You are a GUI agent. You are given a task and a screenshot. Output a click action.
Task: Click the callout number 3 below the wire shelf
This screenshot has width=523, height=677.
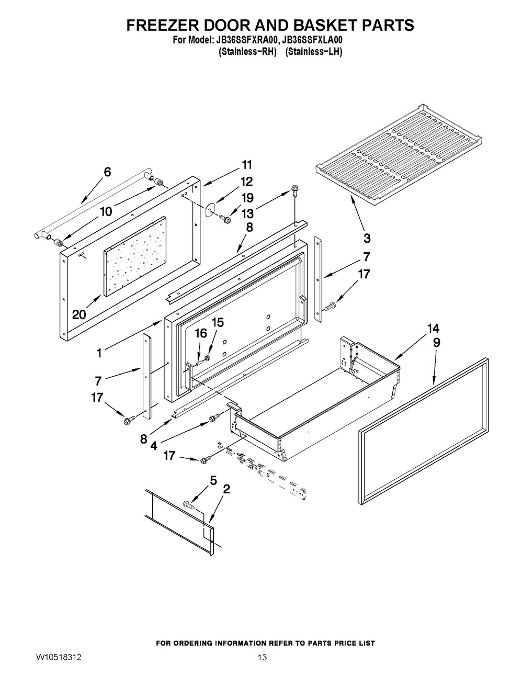pyautogui.click(x=367, y=239)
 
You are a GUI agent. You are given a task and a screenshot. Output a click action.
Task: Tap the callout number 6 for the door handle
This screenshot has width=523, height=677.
pyautogui.click(x=107, y=172)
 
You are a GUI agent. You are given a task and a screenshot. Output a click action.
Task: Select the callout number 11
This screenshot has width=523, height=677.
pyautogui.click(x=247, y=164)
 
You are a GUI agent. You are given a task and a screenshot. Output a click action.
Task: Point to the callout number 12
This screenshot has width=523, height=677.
pyautogui.click(x=247, y=182)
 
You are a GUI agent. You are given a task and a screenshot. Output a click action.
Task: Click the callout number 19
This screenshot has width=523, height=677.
pyautogui.click(x=247, y=198)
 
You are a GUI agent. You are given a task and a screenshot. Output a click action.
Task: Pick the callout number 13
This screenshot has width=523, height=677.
pyautogui.click(x=247, y=214)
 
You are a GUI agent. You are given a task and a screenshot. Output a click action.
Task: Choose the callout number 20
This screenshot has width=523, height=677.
pyautogui.click(x=79, y=314)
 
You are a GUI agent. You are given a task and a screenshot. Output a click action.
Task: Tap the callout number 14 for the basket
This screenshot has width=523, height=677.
pyautogui.click(x=433, y=328)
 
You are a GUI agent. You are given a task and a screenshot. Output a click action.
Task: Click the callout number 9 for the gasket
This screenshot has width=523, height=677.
pyautogui.click(x=437, y=343)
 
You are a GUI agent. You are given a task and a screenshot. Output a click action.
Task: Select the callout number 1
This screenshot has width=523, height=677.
pyautogui.click(x=99, y=353)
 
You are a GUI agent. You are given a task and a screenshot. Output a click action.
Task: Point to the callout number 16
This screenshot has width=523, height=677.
pyautogui.click(x=201, y=333)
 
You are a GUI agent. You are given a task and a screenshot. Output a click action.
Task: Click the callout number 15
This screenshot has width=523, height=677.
pyautogui.click(x=218, y=322)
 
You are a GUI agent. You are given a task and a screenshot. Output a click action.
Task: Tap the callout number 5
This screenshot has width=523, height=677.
pyautogui.click(x=213, y=481)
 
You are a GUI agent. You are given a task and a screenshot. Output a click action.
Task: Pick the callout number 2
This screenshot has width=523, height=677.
pyautogui.click(x=226, y=489)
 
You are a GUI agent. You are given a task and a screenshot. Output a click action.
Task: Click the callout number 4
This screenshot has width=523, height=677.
pyautogui.click(x=154, y=446)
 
